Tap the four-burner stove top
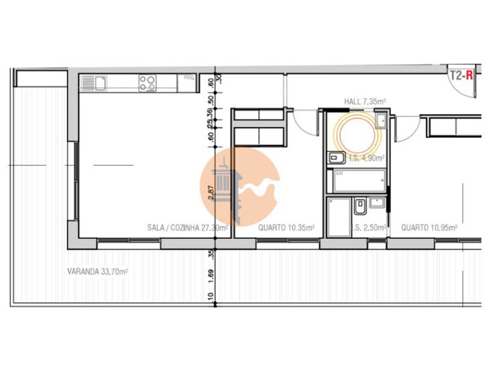coord(147,83)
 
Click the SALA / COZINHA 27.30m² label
coord(187,228)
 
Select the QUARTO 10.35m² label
coord(286,228)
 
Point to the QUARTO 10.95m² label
coord(430,228)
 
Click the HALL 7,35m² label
coord(364,102)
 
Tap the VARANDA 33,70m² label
coord(97,271)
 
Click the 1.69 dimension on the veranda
coord(210,274)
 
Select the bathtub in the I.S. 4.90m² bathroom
coord(360,182)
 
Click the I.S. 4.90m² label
coord(363,157)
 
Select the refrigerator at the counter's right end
coord(189,83)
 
